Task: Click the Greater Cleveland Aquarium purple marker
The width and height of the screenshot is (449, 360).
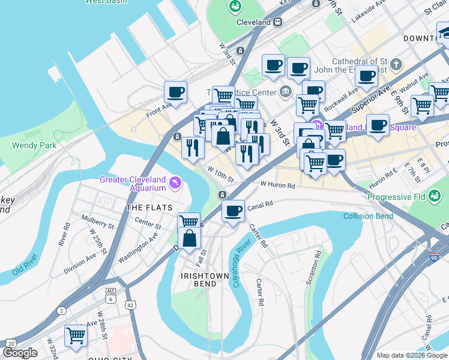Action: [175, 182]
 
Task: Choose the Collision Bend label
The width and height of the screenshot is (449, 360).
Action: [368, 216]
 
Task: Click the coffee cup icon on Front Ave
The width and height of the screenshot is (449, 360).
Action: [175, 93]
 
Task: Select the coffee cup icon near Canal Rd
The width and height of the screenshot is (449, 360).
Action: [233, 211]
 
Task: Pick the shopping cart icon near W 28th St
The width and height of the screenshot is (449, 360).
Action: [76, 335]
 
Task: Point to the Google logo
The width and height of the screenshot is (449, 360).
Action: [20, 353]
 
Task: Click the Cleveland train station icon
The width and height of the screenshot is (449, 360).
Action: [277, 22]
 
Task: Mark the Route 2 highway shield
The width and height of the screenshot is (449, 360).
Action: [62, 310]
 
